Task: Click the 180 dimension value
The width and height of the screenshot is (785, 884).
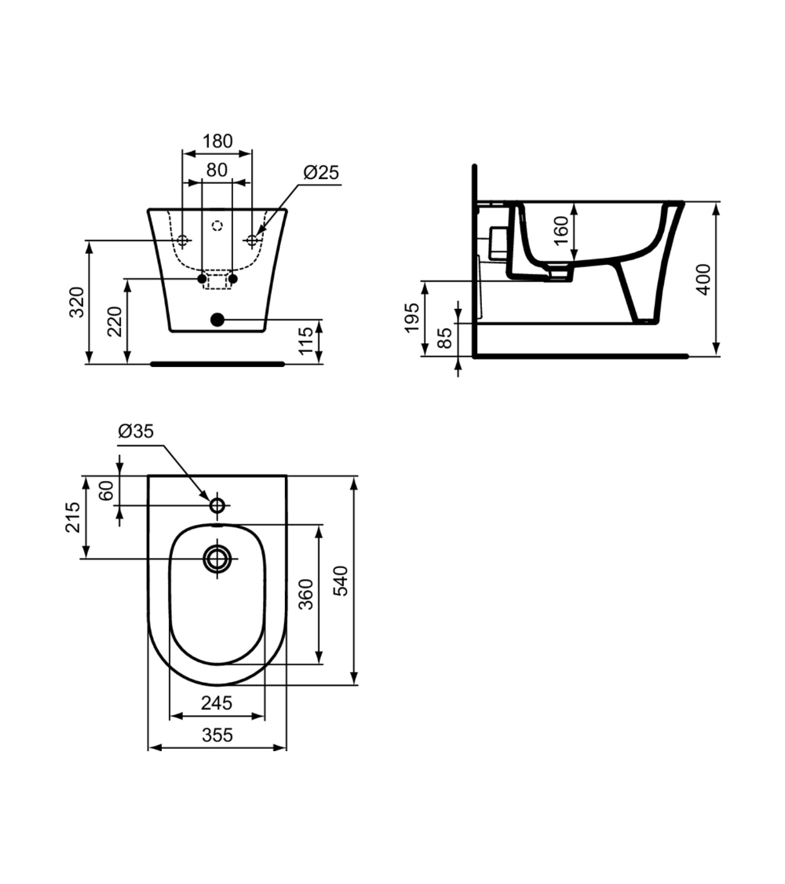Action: coord(217,141)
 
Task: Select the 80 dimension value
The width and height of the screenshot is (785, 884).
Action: coord(217,169)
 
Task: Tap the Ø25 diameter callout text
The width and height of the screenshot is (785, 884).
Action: coord(320,172)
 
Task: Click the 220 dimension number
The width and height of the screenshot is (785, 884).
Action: coord(115,322)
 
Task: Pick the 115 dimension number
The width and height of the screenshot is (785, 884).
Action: coord(307,342)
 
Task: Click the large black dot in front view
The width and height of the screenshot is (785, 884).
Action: coord(217,319)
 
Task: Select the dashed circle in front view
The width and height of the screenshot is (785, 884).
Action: coord(217,226)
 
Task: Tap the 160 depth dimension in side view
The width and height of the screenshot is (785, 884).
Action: coord(560,232)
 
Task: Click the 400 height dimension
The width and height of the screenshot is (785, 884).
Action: coord(704,279)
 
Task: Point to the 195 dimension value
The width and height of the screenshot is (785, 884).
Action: coord(411,318)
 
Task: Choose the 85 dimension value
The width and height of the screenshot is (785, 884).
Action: coord(444,339)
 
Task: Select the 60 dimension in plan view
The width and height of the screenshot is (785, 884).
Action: coord(107,491)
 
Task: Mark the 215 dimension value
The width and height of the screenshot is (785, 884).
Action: coord(71,517)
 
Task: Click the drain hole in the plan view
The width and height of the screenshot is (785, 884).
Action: coord(217,558)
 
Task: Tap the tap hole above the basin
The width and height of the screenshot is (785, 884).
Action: coord(217,504)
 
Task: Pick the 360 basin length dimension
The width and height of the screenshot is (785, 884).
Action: coord(306,594)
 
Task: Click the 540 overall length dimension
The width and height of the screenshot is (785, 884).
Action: coord(340,581)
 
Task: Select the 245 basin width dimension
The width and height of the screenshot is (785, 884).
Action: coord(217,703)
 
